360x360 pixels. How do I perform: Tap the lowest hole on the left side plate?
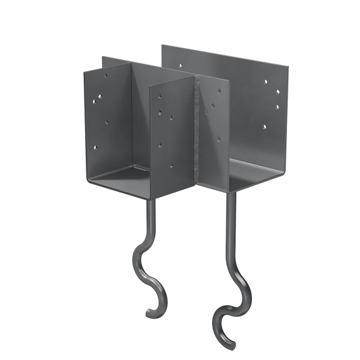point(97,144)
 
